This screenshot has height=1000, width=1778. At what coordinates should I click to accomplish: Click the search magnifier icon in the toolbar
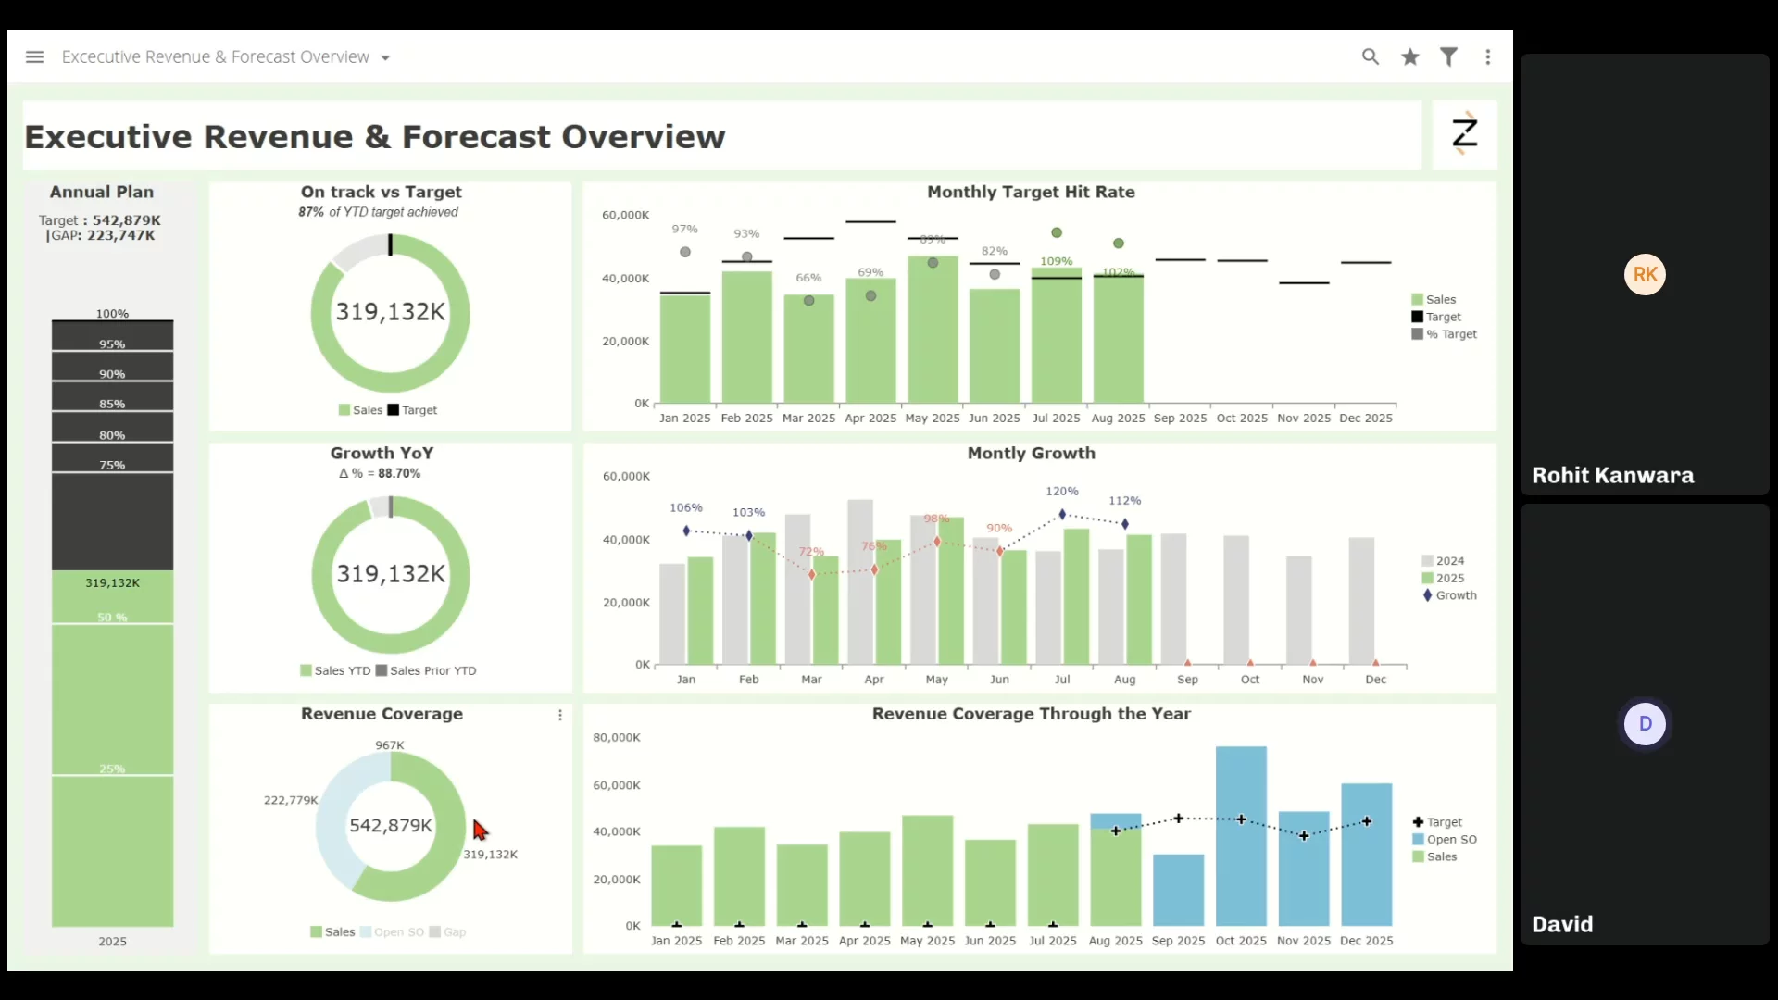[1371, 57]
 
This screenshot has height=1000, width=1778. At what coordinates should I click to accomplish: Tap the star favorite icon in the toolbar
[1410, 57]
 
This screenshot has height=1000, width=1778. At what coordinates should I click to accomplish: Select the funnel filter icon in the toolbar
[1449, 57]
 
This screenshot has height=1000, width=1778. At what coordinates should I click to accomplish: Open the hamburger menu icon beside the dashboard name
[35, 57]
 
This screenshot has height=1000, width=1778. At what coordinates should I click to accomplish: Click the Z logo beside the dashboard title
[1464, 134]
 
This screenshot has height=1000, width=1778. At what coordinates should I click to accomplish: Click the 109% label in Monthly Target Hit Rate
[1056, 261]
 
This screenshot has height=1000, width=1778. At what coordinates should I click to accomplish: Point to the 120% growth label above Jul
[1062, 492]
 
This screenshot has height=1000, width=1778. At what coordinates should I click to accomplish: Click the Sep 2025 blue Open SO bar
[1178, 890]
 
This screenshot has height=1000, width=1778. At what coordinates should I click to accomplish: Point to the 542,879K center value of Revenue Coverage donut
[391, 825]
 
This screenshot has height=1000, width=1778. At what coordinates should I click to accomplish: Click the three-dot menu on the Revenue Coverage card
[560, 715]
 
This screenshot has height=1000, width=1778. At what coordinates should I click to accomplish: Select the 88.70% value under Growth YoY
[399, 473]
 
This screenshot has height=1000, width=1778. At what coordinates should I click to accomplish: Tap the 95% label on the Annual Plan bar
[112, 344]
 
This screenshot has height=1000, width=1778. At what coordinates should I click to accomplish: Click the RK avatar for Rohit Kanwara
[1645, 275]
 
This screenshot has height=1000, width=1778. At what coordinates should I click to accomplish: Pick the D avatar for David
[1645, 724]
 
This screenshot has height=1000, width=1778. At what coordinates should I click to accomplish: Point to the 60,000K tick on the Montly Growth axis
[627, 477]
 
